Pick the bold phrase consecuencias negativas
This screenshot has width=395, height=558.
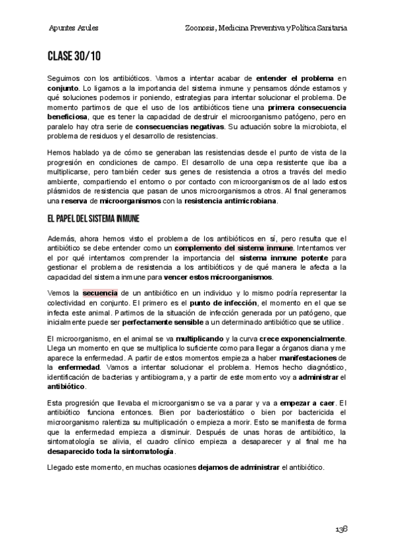[179, 126]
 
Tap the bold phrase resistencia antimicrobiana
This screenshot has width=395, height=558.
[231, 201]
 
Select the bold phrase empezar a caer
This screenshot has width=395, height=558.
[307, 402]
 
